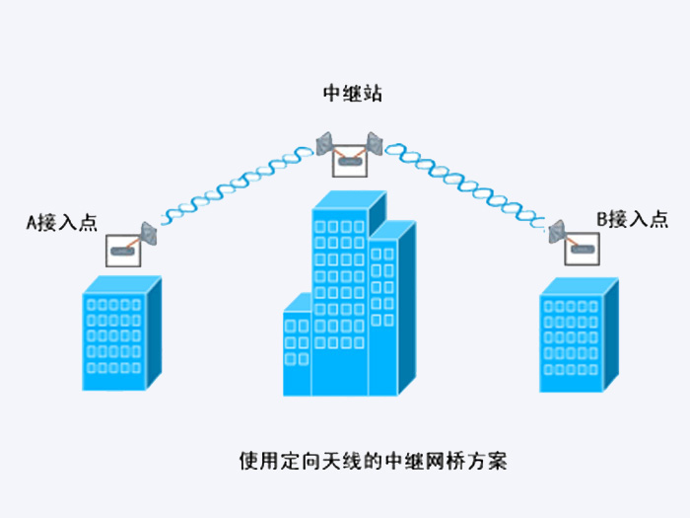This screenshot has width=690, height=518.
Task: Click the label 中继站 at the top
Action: coord(353,94)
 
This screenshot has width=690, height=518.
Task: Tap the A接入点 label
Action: coord(61,222)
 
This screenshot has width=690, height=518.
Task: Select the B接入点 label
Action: coord(633,219)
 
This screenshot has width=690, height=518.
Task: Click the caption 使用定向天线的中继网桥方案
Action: coord(374,461)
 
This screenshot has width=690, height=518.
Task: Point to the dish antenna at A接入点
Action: coord(148,234)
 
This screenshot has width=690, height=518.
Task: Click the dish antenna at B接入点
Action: coord(557,231)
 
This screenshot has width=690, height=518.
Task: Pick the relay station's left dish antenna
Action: coord(324,143)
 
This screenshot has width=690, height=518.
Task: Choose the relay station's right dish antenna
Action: coord(375,143)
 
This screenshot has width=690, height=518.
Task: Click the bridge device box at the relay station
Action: coord(350,161)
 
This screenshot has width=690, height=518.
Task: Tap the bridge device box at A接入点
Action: coord(123,251)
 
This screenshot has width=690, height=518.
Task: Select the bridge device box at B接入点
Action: coord(582,249)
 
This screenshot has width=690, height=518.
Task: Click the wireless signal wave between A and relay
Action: coord(238,185)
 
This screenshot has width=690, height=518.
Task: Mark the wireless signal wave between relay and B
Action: coord(465,185)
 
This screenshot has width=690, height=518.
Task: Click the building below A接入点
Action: coord(122,333)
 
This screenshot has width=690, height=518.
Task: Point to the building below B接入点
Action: coord(580,334)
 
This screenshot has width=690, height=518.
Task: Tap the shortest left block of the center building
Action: coord(298,344)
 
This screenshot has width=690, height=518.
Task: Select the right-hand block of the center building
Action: coord(391,308)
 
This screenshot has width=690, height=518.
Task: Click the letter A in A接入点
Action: coord(32,223)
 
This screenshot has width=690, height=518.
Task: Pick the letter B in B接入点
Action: coord(602,219)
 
